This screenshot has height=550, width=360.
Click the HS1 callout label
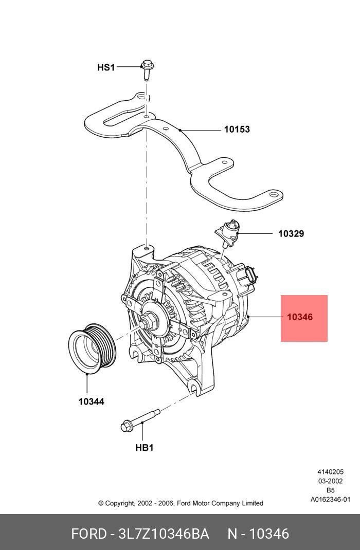click(x=106, y=67)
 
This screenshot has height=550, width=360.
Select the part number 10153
click(x=237, y=130)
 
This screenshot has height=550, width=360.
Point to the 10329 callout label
click(x=291, y=234)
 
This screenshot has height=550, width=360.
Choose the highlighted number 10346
click(x=300, y=317)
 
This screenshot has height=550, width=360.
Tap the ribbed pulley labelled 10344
click(x=93, y=347)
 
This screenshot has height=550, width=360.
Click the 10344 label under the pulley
click(x=91, y=401)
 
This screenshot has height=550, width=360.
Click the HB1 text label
click(x=144, y=448)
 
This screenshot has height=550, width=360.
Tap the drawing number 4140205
click(x=330, y=472)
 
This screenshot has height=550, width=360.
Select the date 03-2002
click(x=330, y=481)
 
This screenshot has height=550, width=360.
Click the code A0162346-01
click(x=330, y=499)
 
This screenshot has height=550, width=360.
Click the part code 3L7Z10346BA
click(x=164, y=534)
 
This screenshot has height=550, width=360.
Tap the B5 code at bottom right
click(x=330, y=490)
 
